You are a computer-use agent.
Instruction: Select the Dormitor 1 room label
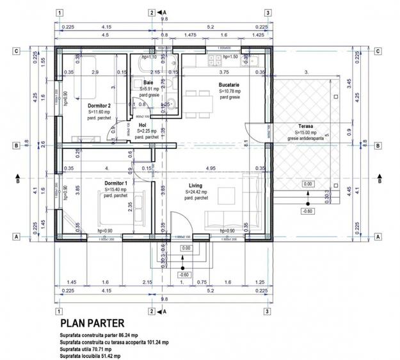(116, 184)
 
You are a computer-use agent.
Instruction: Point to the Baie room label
(148, 83)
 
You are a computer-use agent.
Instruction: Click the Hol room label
(143, 125)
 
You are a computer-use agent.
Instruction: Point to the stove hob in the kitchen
(211, 61)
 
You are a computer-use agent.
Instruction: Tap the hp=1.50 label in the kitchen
(230, 56)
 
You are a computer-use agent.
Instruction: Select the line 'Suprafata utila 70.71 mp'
(86, 349)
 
